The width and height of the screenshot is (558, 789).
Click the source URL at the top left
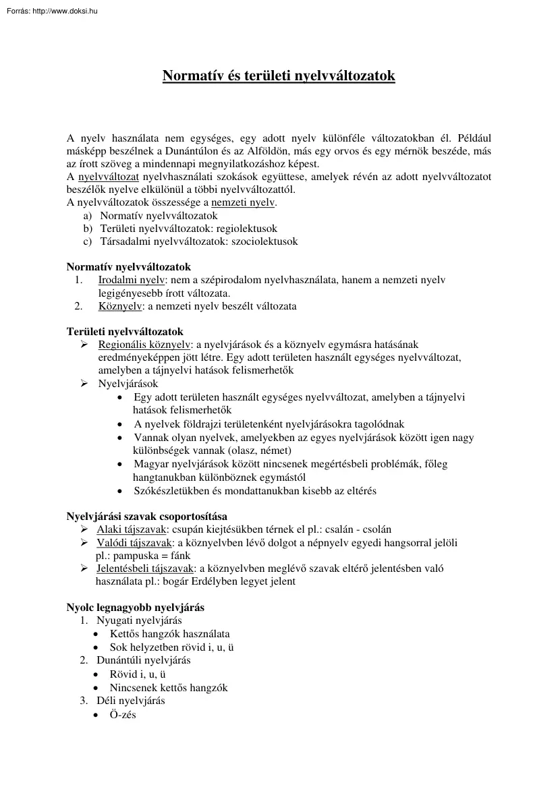click(51, 10)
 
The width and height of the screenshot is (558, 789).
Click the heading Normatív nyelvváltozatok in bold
click(128, 267)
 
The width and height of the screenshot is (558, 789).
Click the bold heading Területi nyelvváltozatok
click(125, 332)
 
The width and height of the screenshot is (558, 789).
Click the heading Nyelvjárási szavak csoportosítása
click(146, 517)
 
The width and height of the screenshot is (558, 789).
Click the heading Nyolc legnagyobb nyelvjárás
click(135, 608)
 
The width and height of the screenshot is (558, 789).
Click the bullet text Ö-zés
click(123, 714)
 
